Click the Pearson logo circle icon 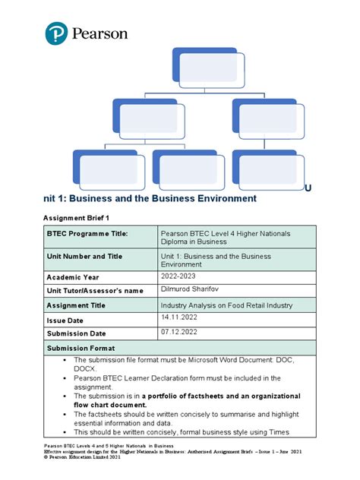point(56,33)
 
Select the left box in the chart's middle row point(150,119)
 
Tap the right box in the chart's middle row point(269,119)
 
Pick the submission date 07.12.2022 point(181,332)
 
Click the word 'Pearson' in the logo point(99,33)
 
